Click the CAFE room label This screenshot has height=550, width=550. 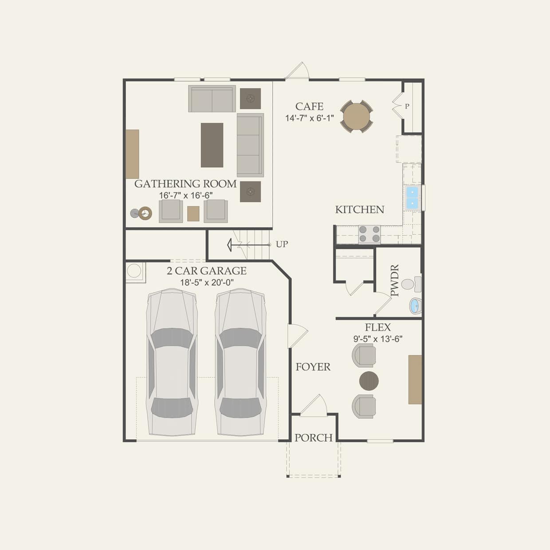point(309,106)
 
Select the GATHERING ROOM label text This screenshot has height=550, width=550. point(185,184)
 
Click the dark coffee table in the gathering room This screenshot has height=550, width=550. point(212,145)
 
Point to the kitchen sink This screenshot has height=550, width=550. point(412,197)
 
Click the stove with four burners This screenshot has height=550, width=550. point(369,234)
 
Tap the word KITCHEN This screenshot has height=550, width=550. point(360,209)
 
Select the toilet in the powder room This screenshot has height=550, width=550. point(410,284)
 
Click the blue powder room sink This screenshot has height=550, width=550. point(415,306)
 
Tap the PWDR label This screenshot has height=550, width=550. point(395,280)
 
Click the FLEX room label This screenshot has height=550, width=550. point(378,327)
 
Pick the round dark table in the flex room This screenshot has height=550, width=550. point(369,381)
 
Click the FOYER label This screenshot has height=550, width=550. point(313,367)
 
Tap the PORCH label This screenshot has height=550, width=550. point(314,438)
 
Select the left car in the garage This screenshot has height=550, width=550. point(172,361)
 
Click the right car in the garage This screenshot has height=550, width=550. point(240,361)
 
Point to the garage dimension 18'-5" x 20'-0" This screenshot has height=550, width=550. point(207,282)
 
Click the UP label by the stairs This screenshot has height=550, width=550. point(282,244)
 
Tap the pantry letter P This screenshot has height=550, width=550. point(407,106)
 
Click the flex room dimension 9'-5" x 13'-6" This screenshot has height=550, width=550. point(378,339)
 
